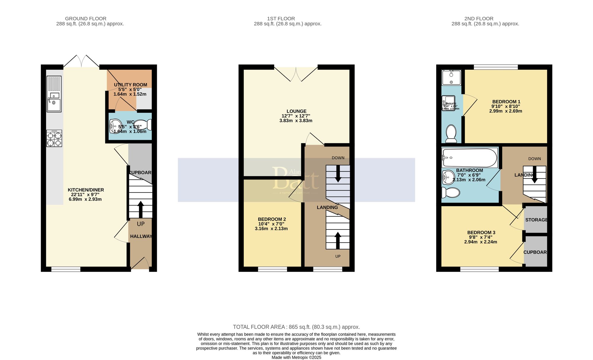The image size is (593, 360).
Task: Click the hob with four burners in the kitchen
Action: tap(54, 138)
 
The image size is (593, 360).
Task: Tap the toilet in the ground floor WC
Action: tap(144, 125)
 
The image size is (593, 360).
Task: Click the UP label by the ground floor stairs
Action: tap(141, 224)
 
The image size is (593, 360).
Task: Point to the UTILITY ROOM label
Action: tap(130, 85)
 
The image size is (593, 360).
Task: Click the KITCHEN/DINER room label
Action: tap(86, 190)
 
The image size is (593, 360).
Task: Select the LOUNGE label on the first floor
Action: tap(296, 111)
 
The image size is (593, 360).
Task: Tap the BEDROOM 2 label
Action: tap(272, 219)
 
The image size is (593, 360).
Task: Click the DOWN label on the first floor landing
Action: tap(338, 158)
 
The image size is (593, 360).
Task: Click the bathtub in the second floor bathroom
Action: tap(469, 158)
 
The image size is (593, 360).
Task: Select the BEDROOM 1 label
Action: tap(506, 101)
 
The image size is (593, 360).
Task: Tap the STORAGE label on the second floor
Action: tap(536, 220)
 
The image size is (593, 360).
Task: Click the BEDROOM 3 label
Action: tap(481, 232)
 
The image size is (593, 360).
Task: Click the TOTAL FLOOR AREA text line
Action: tap(296, 327)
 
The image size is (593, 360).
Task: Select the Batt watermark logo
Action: tap(296, 179)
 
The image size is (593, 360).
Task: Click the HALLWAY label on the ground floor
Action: tap(141, 236)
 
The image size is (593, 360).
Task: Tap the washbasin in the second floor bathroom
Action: tap(448, 177)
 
